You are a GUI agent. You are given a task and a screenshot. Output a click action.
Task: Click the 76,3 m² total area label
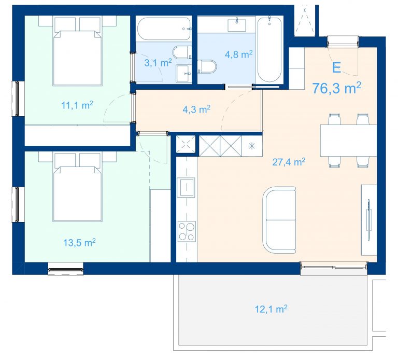[336, 88]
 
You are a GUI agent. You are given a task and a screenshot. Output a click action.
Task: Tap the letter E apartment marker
[336, 67]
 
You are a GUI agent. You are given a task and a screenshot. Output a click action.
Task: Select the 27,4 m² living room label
[289, 162]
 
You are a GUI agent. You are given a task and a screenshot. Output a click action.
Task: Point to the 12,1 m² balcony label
[271, 309]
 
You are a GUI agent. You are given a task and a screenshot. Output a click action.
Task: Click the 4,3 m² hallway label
[196, 109]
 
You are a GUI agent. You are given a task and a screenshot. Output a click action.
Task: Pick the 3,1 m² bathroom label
[158, 62]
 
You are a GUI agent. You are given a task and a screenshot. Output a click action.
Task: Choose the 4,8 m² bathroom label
[238, 54]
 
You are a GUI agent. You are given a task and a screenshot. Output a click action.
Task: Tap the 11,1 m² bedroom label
[77, 105]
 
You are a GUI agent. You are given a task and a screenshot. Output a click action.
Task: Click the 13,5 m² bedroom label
[79, 243]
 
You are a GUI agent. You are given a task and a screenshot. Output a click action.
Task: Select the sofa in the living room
[279, 220]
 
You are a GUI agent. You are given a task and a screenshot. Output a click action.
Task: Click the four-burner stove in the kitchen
[187, 231]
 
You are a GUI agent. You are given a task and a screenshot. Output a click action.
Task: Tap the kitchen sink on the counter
[187, 187]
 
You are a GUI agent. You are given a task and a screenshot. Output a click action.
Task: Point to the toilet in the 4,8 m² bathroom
[207, 66]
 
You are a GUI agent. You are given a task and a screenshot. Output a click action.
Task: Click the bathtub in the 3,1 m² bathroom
[164, 29]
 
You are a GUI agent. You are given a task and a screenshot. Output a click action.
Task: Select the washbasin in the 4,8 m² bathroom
[237, 25]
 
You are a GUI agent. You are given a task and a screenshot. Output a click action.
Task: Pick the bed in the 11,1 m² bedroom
[77, 51]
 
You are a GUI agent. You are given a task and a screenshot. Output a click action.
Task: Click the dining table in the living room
[348, 141]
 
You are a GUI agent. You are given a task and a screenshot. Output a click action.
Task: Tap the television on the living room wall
[368, 219]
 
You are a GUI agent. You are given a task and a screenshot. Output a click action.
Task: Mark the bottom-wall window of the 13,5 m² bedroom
[66, 269]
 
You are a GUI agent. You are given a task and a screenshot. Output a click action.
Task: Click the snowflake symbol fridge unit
[251, 146]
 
